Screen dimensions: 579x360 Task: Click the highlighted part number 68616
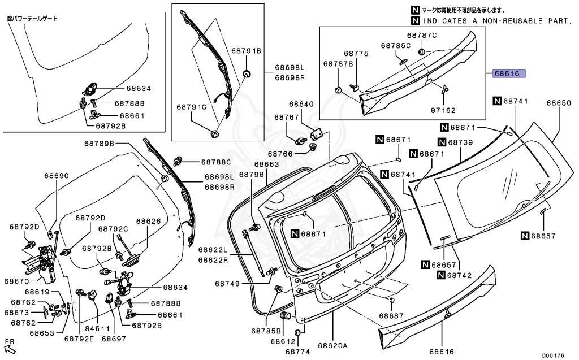[x=509, y=73]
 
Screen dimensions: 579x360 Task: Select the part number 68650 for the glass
[x=559, y=103]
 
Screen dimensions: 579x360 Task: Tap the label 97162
[x=443, y=110]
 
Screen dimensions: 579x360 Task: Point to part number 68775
[x=356, y=54]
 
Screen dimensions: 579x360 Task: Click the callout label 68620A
[x=332, y=346]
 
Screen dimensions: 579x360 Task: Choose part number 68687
[x=391, y=316]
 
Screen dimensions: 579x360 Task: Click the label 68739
[x=460, y=142]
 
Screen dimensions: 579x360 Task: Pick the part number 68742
[x=459, y=275]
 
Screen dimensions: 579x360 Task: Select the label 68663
[x=266, y=164]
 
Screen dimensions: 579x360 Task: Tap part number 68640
[x=301, y=104]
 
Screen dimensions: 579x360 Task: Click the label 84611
[x=98, y=328]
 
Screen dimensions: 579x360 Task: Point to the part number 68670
[x=16, y=281]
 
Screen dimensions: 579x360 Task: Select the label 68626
[x=149, y=221]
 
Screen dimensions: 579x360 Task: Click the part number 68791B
[x=247, y=51]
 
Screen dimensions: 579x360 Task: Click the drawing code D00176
[x=553, y=355]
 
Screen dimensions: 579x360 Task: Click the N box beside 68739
[x=442, y=142]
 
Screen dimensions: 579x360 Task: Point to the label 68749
[x=227, y=284]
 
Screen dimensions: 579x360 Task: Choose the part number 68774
[x=297, y=352]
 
